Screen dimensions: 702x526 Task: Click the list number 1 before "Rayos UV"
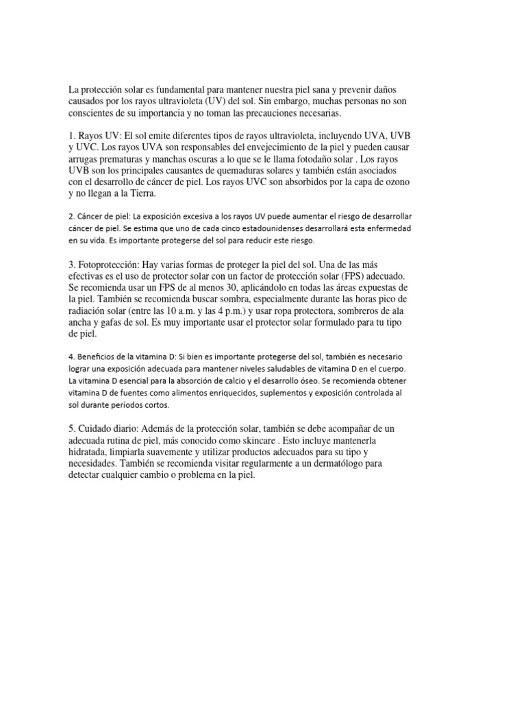pos(71,136)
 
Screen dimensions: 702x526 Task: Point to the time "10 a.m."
pos(195,311)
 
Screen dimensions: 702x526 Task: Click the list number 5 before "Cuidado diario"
pos(71,428)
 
